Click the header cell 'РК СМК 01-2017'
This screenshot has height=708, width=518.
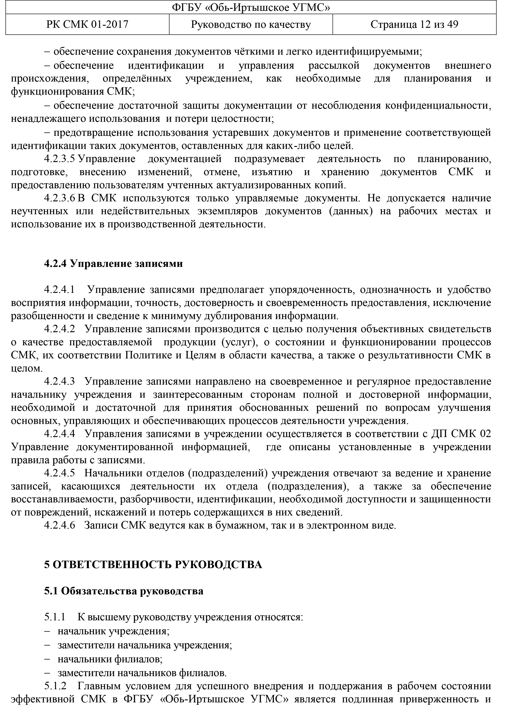click(87, 24)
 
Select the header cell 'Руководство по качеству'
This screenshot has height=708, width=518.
click(251, 24)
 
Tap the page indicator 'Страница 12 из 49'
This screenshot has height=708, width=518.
click(414, 24)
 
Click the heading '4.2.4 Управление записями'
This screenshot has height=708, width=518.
click(113, 263)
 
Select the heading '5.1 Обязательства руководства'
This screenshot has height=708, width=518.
click(124, 591)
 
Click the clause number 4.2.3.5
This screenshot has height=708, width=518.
click(60, 159)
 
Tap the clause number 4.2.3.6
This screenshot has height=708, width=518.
click(60, 198)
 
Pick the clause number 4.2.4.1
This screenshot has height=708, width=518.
click(60, 290)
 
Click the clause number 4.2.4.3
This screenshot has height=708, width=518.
click(60, 382)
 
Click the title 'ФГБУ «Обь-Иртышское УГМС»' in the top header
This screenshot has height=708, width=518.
click(251, 7)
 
